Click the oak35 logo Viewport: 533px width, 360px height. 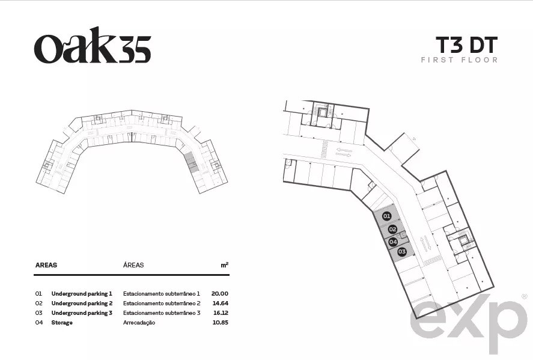click(93, 46)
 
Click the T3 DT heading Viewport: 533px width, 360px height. click(466, 45)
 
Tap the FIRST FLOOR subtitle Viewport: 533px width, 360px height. click(459, 60)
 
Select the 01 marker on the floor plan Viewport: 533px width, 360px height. click(387, 216)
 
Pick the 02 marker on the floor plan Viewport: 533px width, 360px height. click(392, 229)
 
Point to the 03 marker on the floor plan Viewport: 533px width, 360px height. click(402, 252)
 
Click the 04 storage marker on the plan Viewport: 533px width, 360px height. click(393, 242)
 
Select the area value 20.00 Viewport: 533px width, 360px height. click(219, 293)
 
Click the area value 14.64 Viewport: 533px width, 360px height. click(221, 304)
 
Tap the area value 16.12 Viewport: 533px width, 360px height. click(221, 313)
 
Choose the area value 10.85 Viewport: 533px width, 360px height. click(221, 323)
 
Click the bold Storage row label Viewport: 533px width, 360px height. click(62, 323)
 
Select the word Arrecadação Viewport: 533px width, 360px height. click(139, 323)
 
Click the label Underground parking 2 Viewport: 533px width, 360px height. click(82, 304)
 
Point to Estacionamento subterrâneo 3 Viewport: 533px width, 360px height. click(162, 313)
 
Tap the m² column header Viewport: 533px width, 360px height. click(224, 265)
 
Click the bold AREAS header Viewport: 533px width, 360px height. click(46, 265)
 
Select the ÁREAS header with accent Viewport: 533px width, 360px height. click(133, 265)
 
